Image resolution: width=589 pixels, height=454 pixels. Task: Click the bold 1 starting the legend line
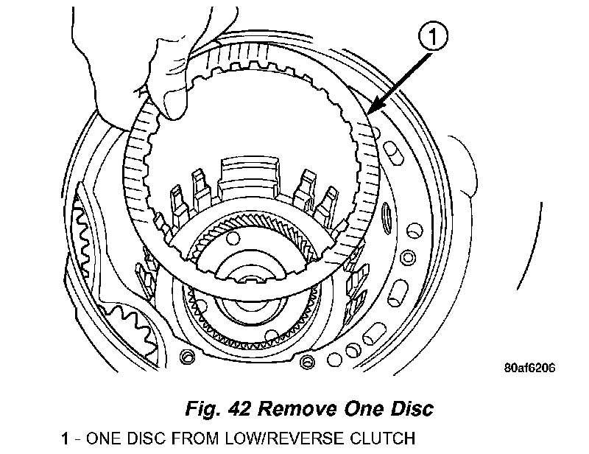(x=66, y=439)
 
